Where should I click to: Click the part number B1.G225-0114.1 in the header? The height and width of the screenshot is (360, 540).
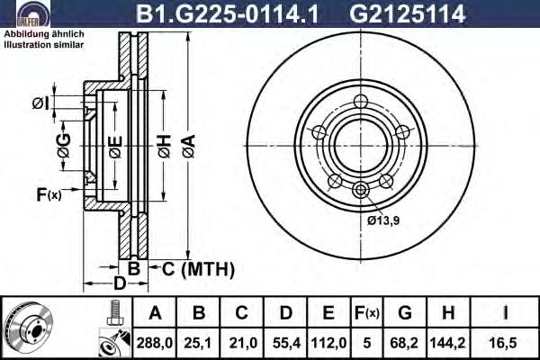[228, 13]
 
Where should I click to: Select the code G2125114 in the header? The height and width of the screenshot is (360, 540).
[408, 13]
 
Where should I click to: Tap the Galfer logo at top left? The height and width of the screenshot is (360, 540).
[33, 13]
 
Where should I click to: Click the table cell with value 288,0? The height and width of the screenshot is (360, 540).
[154, 343]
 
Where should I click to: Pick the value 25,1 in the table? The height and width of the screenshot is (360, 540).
[198, 343]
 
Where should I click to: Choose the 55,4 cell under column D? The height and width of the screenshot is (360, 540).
[286, 343]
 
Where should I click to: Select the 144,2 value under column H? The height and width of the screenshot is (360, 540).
[447, 343]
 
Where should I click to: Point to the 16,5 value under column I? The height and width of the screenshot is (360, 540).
[505, 343]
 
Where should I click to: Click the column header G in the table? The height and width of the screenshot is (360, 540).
[405, 313]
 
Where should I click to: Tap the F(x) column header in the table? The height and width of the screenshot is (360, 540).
[367, 313]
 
